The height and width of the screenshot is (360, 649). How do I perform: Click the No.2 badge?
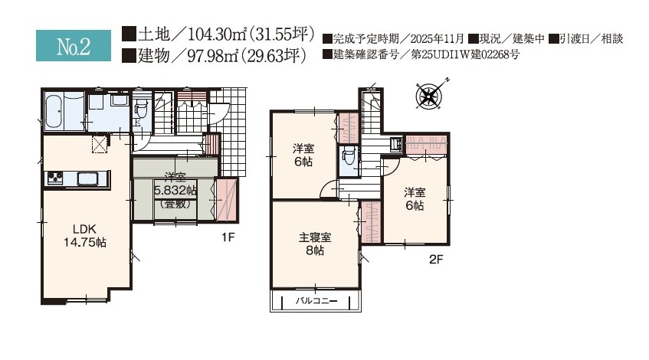pyautogui.click(x=74, y=46)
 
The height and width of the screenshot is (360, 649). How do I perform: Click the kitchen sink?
pyautogui.click(x=86, y=178)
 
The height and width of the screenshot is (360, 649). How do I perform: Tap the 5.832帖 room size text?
pyautogui.click(x=175, y=190)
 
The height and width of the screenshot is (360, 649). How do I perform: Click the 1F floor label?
pyautogui.click(x=228, y=237)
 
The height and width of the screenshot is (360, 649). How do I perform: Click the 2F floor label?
pyautogui.click(x=435, y=260)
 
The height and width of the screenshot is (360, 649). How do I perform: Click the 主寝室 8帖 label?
pyautogui.click(x=313, y=244)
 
